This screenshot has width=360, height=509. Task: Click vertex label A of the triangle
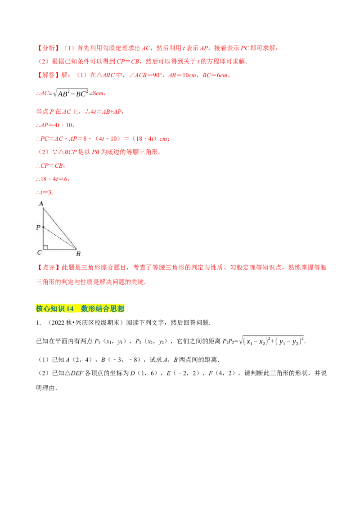pyautogui.click(x=41, y=204)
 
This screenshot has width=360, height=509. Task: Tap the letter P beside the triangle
pyautogui.click(x=38, y=228)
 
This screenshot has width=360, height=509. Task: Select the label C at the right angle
pyautogui.click(x=39, y=253)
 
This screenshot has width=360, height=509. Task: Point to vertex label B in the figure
pyautogui.click(x=78, y=254)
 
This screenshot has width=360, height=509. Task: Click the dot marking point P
pyautogui.click(x=43, y=227)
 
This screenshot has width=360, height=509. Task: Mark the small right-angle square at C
pyautogui.click(x=45, y=247)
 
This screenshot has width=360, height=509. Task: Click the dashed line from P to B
pyautogui.click(x=60, y=238)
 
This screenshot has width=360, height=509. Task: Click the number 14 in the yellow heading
pyautogui.click(x=69, y=308)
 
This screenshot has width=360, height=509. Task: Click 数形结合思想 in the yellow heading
pyautogui.click(x=103, y=308)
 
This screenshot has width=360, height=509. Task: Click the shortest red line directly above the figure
pyautogui.click(x=45, y=193)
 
